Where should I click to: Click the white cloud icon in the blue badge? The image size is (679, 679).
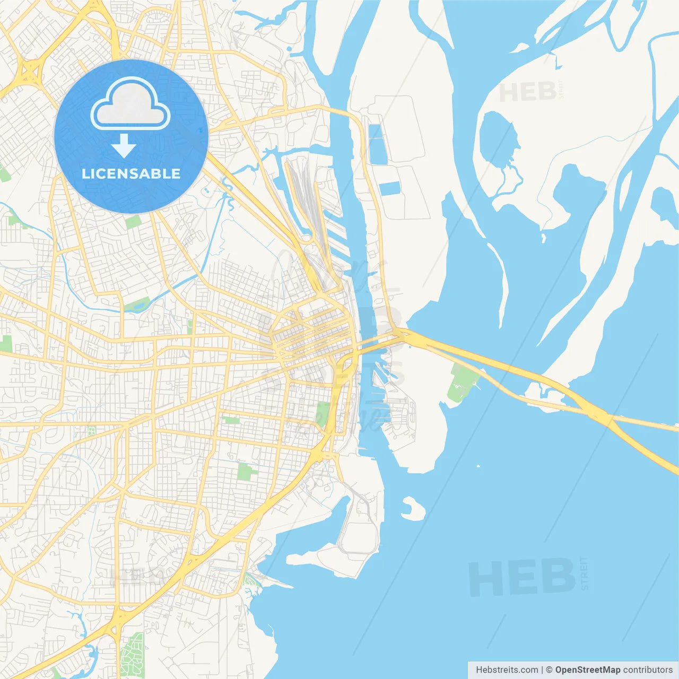coord(130,104)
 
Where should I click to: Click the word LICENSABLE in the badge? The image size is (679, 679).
coord(131,173)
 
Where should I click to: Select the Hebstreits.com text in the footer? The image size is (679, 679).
coord(506,670)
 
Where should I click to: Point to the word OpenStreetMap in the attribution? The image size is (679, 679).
coord(587,670)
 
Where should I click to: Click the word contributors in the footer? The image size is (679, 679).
coord(648,670)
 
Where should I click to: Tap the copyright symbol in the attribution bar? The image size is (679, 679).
coord(549,670)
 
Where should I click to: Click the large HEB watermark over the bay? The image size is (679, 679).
coord(522,577)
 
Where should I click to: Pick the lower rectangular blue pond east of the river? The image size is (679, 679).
coord(390,188)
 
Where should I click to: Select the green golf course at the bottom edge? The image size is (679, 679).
coord(132,656)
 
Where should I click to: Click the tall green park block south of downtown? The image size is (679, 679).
coord(323,414)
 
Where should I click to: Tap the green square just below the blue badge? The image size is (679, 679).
coord(133,222)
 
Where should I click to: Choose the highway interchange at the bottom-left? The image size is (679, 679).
coord(118,618)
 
